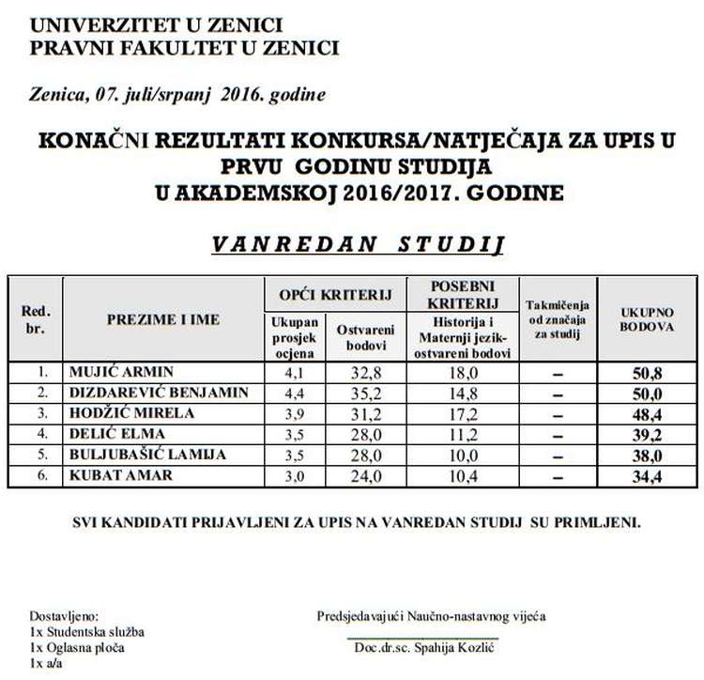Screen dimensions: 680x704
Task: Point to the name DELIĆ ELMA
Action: click(104, 434)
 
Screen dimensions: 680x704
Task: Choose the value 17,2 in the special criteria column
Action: click(462, 413)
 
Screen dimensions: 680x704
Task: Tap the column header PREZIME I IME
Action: click(162, 319)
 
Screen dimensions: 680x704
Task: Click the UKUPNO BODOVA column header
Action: click(647, 318)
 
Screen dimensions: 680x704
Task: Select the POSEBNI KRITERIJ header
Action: click(462, 294)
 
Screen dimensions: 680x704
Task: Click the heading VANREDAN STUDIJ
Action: click(357, 244)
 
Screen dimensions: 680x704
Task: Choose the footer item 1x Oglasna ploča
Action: click(76, 648)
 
